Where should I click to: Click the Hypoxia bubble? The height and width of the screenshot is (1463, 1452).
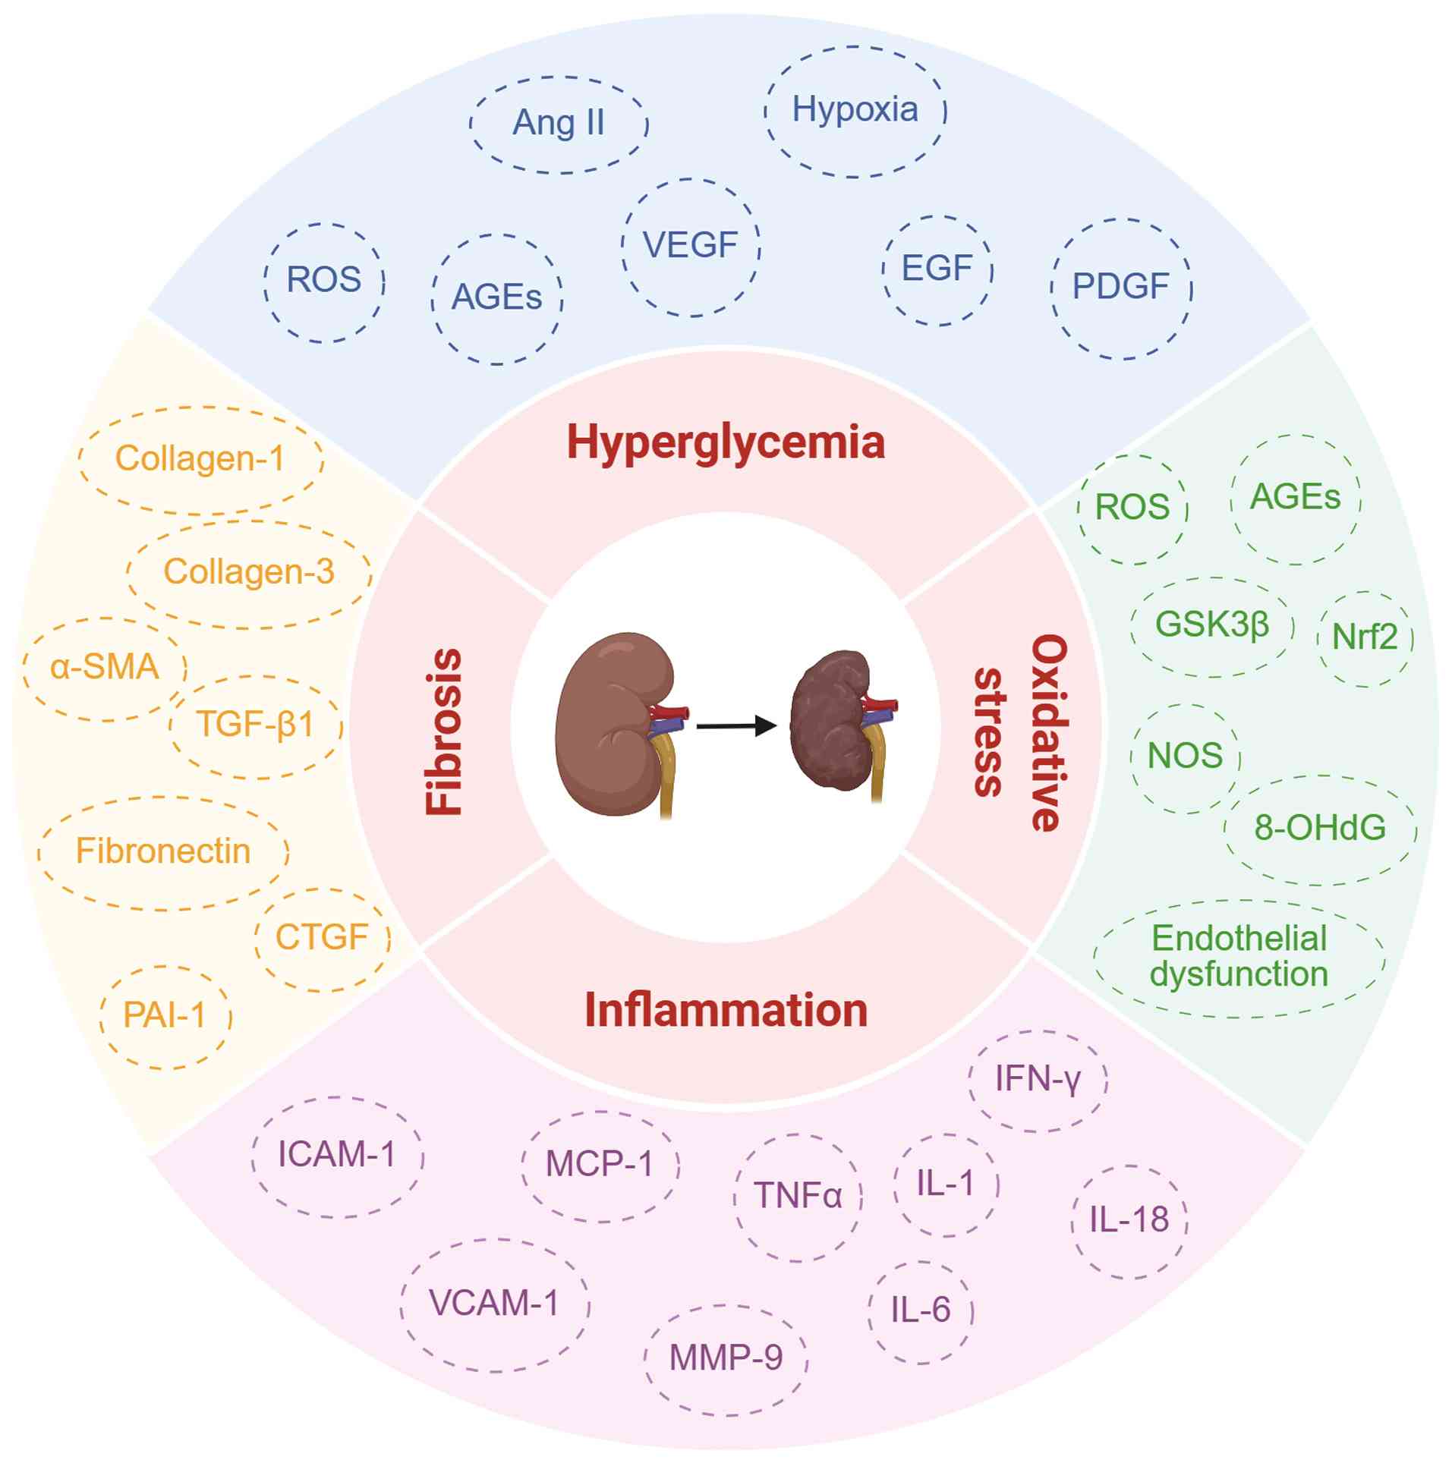point(855,111)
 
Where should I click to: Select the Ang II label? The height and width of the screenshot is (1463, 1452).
point(559,124)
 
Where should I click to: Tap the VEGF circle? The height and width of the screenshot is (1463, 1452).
point(691,246)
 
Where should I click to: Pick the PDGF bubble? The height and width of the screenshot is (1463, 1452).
point(1120,288)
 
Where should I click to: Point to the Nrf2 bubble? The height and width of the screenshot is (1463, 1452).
point(1365,637)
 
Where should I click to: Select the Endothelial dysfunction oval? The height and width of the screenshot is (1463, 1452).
point(1239,958)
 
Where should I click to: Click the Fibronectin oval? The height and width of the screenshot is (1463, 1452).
point(163,852)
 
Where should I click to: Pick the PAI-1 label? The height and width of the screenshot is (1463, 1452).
point(165,1016)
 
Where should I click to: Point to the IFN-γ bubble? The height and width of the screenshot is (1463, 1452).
point(1038,1079)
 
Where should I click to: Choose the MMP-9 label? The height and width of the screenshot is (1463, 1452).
point(726,1358)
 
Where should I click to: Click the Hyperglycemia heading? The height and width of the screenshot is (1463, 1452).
point(726,443)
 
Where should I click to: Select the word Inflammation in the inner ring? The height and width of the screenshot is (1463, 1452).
point(726,1011)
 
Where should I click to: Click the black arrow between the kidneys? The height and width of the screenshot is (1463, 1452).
point(736,727)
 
